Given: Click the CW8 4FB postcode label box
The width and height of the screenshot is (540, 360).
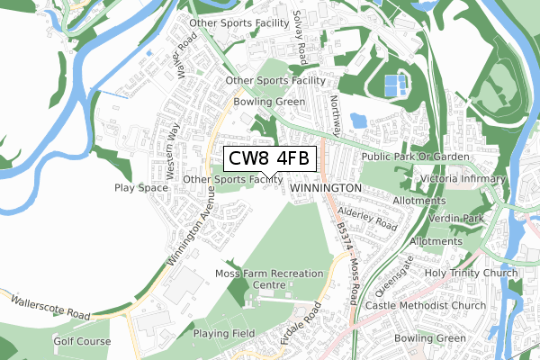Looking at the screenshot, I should [269, 159].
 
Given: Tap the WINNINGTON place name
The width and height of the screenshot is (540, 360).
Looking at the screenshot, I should [326, 188].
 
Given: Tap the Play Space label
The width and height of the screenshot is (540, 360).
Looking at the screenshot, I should [141, 188].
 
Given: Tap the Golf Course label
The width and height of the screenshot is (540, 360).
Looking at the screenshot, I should [81, 342].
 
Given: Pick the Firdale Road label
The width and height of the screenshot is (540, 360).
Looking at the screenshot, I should [301, 326].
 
